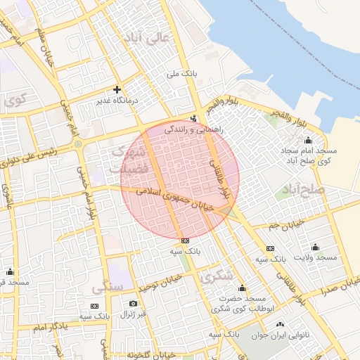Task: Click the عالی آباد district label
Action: [146, 39]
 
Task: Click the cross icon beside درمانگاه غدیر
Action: [117, 89]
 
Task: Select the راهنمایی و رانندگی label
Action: [194, 130]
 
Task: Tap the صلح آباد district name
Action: [302, 191]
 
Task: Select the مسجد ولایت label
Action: [318, 258]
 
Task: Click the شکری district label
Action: [217, 276]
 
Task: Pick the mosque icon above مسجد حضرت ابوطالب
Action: [243, 288]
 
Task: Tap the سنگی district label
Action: [108, 288]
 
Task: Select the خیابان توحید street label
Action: [160, 283]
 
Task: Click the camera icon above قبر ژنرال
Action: [133, 304]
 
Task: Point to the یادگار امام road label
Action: [50, 328]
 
